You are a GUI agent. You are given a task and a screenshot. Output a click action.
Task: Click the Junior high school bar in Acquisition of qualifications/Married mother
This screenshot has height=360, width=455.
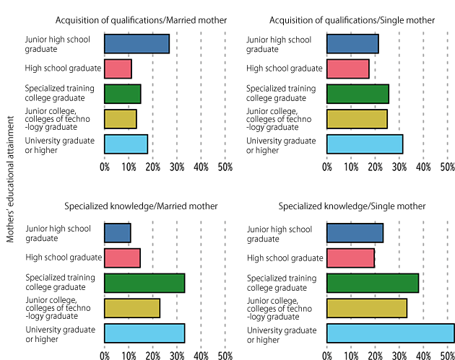(x=136, y=43)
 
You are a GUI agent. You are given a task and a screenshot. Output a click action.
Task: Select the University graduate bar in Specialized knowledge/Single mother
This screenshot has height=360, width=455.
(x=390, y=333)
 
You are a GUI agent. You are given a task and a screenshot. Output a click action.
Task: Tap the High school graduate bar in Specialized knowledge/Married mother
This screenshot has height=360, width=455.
(x=122, y=258)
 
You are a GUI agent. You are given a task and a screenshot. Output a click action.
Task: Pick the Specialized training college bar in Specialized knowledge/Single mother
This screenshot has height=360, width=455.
(x=372, y=283)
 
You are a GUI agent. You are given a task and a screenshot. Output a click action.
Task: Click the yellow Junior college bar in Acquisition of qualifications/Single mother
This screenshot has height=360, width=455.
(x=357, y=118)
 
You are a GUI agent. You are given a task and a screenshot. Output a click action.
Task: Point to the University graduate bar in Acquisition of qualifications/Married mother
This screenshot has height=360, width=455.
(x=126, y=144)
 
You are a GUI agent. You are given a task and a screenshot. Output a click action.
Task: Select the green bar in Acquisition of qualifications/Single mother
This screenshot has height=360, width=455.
(x=357, y=94)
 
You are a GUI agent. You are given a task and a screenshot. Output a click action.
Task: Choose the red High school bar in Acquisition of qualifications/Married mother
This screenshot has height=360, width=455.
(x=118, y=69)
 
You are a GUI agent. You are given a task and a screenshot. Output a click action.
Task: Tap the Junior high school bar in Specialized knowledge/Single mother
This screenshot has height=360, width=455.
(x=355, y=233)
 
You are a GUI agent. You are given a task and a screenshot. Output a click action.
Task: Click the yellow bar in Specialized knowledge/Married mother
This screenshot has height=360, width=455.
(x=132, y=308)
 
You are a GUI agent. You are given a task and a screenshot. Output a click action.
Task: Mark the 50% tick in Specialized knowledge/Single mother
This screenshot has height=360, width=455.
(x=447, y=355)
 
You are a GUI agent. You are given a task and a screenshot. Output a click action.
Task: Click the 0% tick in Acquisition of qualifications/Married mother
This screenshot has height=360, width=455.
(x=105, y=167)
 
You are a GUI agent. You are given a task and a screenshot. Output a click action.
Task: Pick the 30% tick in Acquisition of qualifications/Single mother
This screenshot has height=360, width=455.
(x=399, y=167)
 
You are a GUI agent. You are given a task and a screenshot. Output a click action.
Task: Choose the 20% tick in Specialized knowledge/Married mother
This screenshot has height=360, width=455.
(x=152, y=355)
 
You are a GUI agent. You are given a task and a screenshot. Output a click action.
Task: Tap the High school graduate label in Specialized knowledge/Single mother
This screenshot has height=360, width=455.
(x=285, y=258)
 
